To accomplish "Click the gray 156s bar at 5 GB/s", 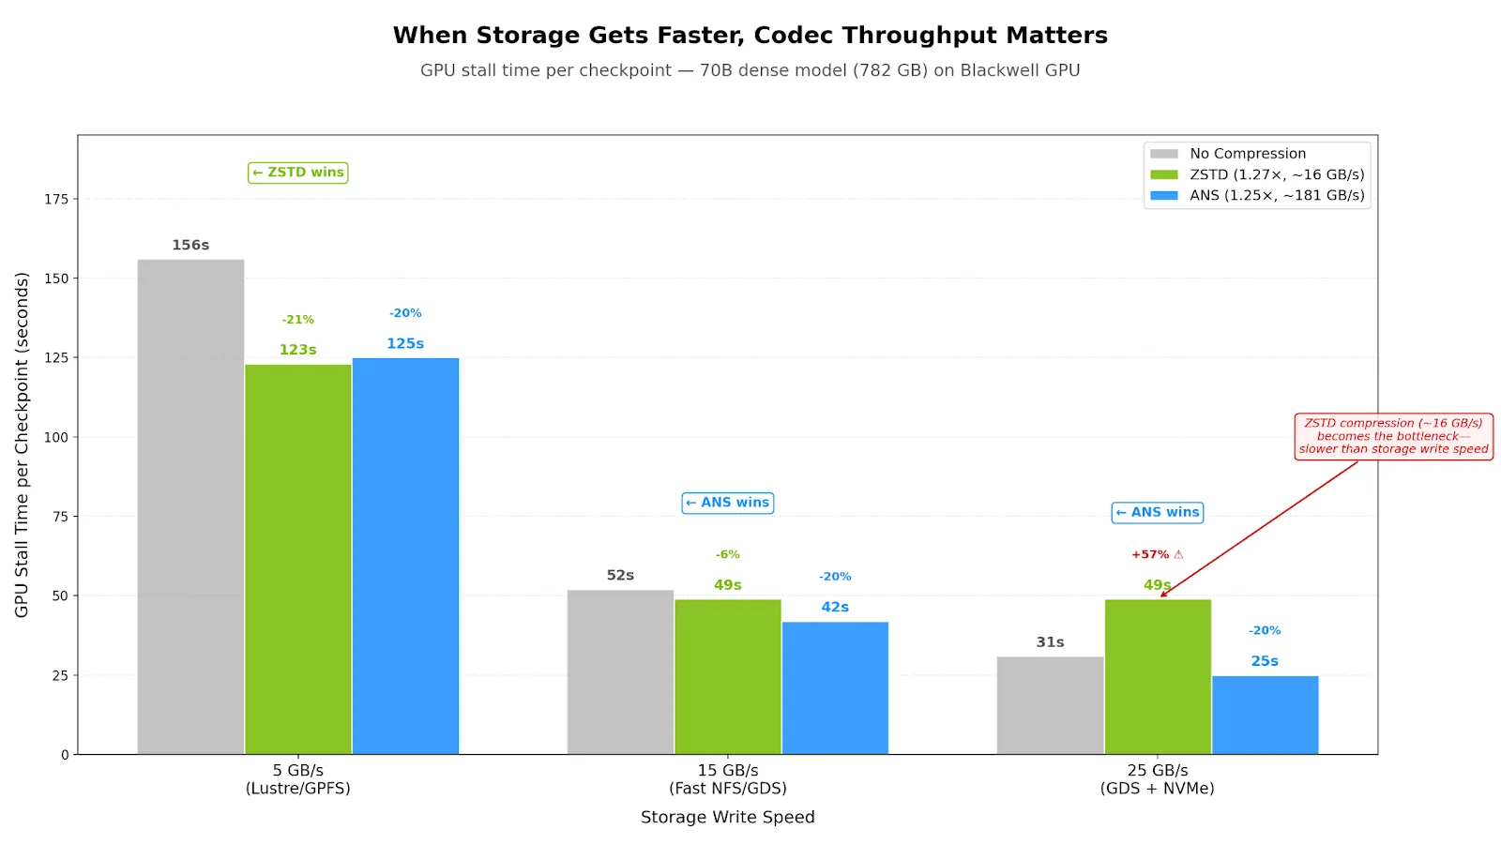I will coord(190,506).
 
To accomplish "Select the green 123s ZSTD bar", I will coord(298,559).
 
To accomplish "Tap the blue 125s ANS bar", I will coord(405,555).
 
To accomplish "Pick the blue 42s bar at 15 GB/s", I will coord(835,687).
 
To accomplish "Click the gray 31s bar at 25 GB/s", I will coord(1050,705).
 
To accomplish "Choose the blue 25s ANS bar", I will coord(1265,715).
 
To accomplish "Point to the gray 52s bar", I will coord(620,671).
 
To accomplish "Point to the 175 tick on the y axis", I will coord(56,199).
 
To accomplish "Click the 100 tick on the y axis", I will coord(56,437).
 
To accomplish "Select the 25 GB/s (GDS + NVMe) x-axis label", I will coord(1157,779).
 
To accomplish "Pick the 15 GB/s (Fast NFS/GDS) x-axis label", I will coord(727,779).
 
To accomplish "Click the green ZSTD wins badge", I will coord(298,173).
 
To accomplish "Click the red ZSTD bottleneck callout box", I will coord(1393,436).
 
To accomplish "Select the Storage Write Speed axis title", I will coord(727,817).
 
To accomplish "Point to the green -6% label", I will coord(727,554).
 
